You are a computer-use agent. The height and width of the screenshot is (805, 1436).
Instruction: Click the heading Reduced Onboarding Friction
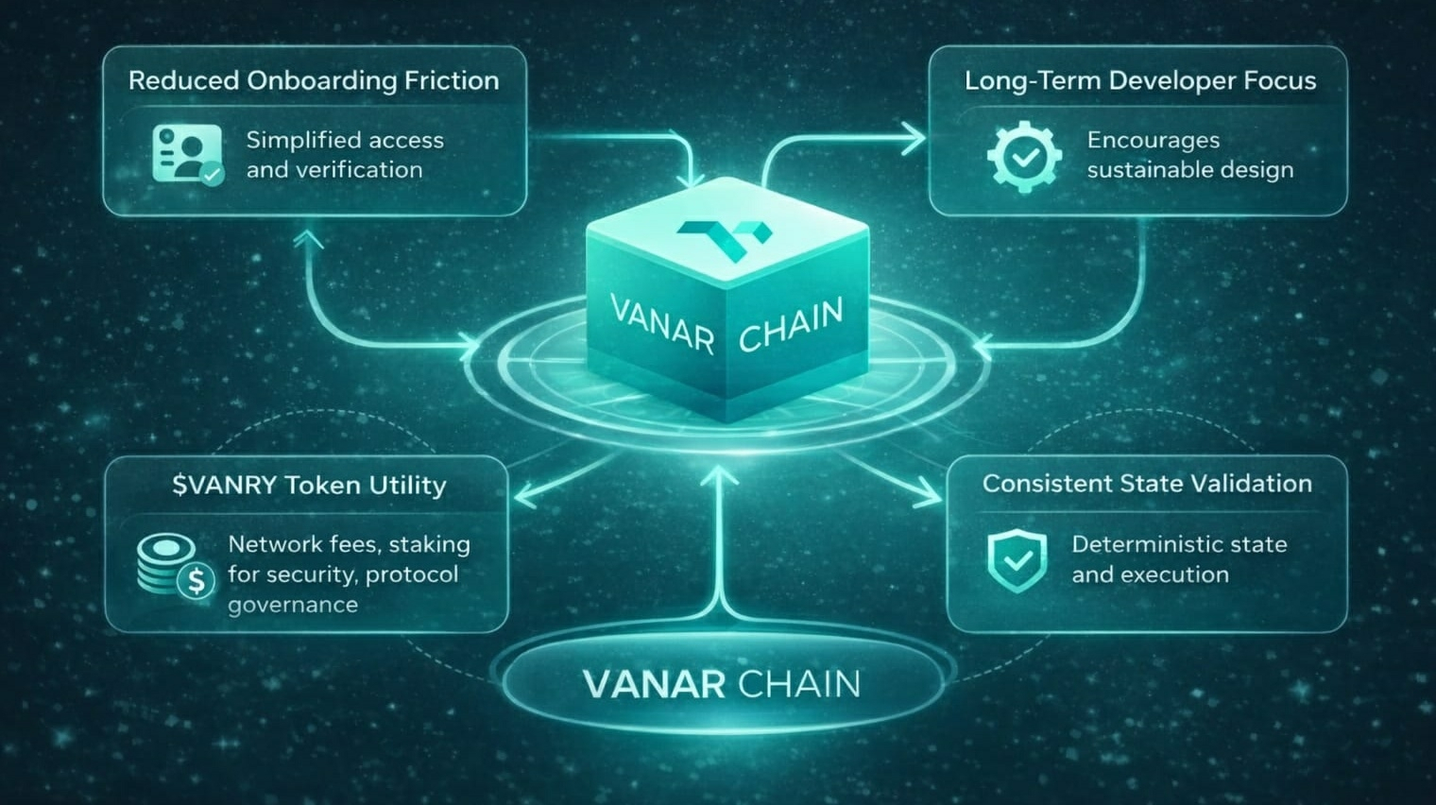point(314,81)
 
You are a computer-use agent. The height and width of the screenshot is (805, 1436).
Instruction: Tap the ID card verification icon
point(187,154)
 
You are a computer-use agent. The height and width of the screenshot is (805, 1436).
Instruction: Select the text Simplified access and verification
point(344,155)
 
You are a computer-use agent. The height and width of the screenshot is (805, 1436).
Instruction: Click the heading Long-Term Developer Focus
point(1139,81)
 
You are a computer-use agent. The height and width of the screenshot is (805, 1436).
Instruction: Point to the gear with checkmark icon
point(1023,156)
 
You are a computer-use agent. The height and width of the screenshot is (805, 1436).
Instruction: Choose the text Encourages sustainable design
point(1189,155)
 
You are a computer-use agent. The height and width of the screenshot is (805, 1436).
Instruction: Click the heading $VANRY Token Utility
point(309,486)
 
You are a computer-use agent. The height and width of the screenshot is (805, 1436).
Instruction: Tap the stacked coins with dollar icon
point(176,565)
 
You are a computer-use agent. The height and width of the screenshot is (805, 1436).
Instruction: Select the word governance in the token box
point(293,605)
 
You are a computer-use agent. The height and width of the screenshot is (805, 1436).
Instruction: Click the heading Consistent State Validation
point(1147,484)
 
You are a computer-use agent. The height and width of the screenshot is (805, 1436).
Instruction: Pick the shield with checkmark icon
point(1017,559)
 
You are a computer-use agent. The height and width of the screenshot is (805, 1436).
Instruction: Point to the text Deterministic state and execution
point(1178,559)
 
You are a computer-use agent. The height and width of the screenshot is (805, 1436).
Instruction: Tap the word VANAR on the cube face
point(661,324)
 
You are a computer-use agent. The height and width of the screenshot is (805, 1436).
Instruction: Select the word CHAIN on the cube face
point(790,324)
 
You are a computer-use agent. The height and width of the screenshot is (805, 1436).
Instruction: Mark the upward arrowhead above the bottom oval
point(721,475)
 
